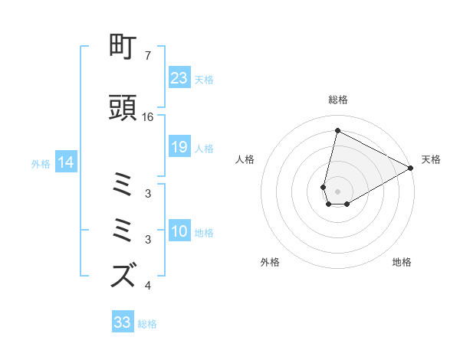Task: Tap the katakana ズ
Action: [x=124, y=274]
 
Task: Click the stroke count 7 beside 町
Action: [x=147, y=56]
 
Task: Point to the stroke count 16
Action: [x=147, y=117]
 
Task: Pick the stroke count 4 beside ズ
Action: [x=147, y=286]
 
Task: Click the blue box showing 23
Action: [x=179, y=78]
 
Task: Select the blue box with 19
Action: [x=179, y=148]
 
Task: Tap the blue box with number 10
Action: [x=179, y=232]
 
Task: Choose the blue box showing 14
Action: [x=65, y=162]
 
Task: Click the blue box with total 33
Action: [x=123, y=322]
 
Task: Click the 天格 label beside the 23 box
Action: [x=204, y=79]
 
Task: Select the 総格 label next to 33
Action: [x=147, y=324]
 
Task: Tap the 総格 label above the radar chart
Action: [x=338, y=100]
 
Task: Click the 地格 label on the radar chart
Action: [x=402, y=262]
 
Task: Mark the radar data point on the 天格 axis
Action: [x=412, y=169]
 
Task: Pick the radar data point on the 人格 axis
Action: [x=324, y=186]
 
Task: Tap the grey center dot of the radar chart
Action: [x=338, y=191]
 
